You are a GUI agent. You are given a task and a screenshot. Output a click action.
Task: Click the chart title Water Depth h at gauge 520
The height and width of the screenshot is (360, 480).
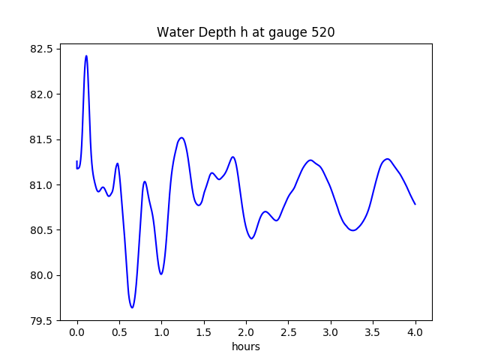[x=245, y=33]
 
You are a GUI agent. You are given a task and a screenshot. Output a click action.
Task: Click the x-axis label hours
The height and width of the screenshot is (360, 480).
[x=245, y=346]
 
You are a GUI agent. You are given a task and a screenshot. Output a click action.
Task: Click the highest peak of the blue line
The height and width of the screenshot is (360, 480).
[x=86, y=55]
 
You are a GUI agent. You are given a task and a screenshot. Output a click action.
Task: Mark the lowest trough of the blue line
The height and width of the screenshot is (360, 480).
[x=132, y=307]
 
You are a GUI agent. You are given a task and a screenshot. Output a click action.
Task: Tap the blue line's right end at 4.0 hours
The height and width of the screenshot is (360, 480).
[x=415, y=204]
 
